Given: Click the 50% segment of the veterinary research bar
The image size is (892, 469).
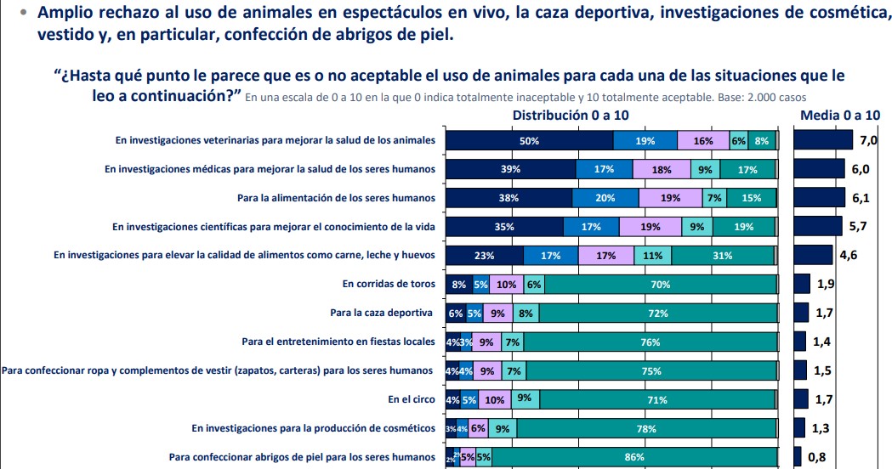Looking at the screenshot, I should tap(529, 141).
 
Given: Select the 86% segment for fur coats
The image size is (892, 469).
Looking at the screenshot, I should tap(633, 457).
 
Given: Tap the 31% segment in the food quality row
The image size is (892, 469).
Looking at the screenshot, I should tap(722, 256).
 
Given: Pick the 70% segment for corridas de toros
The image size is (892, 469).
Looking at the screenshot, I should tap(660, 285).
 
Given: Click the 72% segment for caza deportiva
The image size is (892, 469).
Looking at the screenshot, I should tap(658, 314).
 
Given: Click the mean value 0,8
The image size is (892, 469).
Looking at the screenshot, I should tap(816, 457).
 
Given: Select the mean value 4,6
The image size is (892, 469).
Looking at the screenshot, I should tap(849, 256).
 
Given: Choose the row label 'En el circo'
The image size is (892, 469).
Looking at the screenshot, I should tap(412, 399).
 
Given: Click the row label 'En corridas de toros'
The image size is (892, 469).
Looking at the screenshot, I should tap(389, 285).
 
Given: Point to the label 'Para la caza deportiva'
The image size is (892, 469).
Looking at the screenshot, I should tap(383, 314).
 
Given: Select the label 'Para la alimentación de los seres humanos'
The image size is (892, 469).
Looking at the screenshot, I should tap(336, 198).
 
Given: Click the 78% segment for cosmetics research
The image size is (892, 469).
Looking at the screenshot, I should tap(646, 428).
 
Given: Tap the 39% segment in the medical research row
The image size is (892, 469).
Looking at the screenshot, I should tap(510, 169).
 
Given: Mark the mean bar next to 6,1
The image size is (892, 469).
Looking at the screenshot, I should tap(818, 198).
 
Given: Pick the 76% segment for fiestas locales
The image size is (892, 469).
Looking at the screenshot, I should tap(651, 342).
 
